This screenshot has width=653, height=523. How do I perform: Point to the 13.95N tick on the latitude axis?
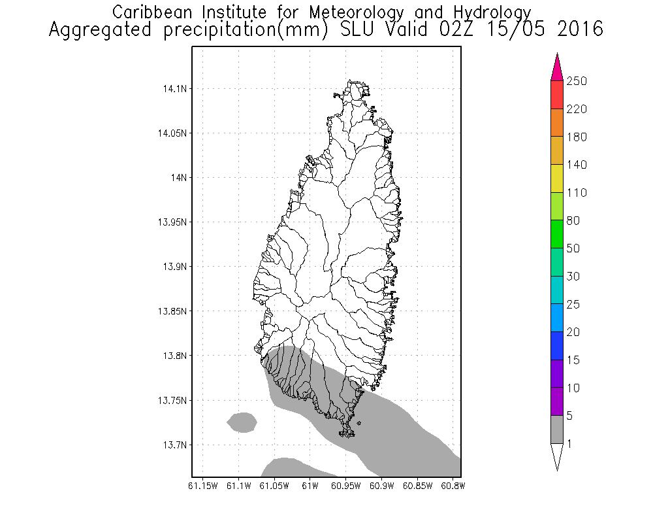(169, 222)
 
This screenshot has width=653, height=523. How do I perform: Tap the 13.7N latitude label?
(172, 445)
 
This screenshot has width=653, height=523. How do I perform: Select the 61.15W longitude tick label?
(202, 486)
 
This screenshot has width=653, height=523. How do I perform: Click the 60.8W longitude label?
(453, 486)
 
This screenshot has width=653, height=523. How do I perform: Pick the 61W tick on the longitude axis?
(310, 486)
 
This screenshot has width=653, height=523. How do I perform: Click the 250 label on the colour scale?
(577, 81)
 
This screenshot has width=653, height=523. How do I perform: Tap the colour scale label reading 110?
(577, 193)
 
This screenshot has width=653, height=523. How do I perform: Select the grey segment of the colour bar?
(557, 430)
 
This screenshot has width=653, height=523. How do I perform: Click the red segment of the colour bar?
(557, 95)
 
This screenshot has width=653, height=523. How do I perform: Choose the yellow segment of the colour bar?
(557, 178)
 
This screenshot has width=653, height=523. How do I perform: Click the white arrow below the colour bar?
(557, 456)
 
